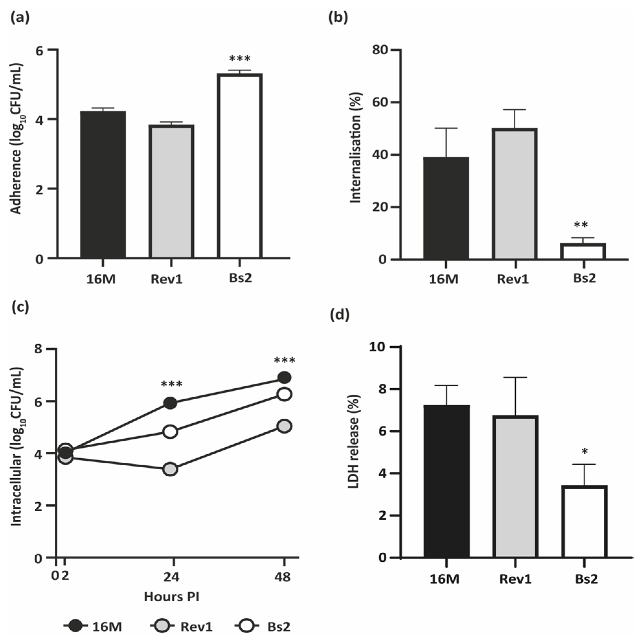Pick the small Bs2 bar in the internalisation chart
coord(582,251)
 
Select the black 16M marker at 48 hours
coord(284,378)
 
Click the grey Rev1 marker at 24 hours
coord(170,470)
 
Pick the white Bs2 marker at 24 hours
coord(170,432)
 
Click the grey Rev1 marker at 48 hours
coord(284,426)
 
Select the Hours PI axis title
coord(172,597)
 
